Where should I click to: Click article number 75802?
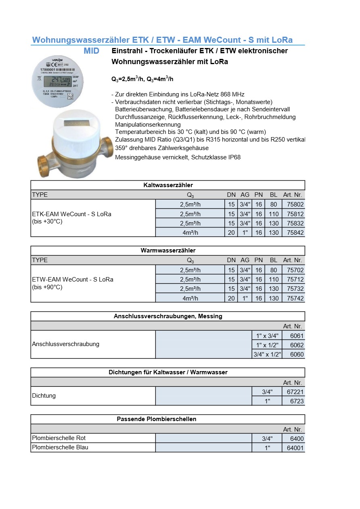[x=293, y=204]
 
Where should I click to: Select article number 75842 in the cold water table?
[x=293, y=232]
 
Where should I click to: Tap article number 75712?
[x=293, y=279]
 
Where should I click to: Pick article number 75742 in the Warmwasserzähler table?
[x=293, y=298]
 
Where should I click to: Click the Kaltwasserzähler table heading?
[x=168, y=185]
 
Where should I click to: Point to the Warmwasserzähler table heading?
[x=168, y=250]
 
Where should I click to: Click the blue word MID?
[x=92, y=51]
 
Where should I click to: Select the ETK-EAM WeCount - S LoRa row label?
[x=71, y=214]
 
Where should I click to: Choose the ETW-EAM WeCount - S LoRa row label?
[x=73, y=279]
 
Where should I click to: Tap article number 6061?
[x=297, y=336]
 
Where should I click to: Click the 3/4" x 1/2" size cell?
[x=267, y=354]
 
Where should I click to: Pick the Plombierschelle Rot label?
[x=59, y=438]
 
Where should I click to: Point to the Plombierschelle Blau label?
[x=60, y=447]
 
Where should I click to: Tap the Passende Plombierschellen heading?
[x=157, y=419]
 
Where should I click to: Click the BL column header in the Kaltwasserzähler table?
[x=274, y=195]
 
